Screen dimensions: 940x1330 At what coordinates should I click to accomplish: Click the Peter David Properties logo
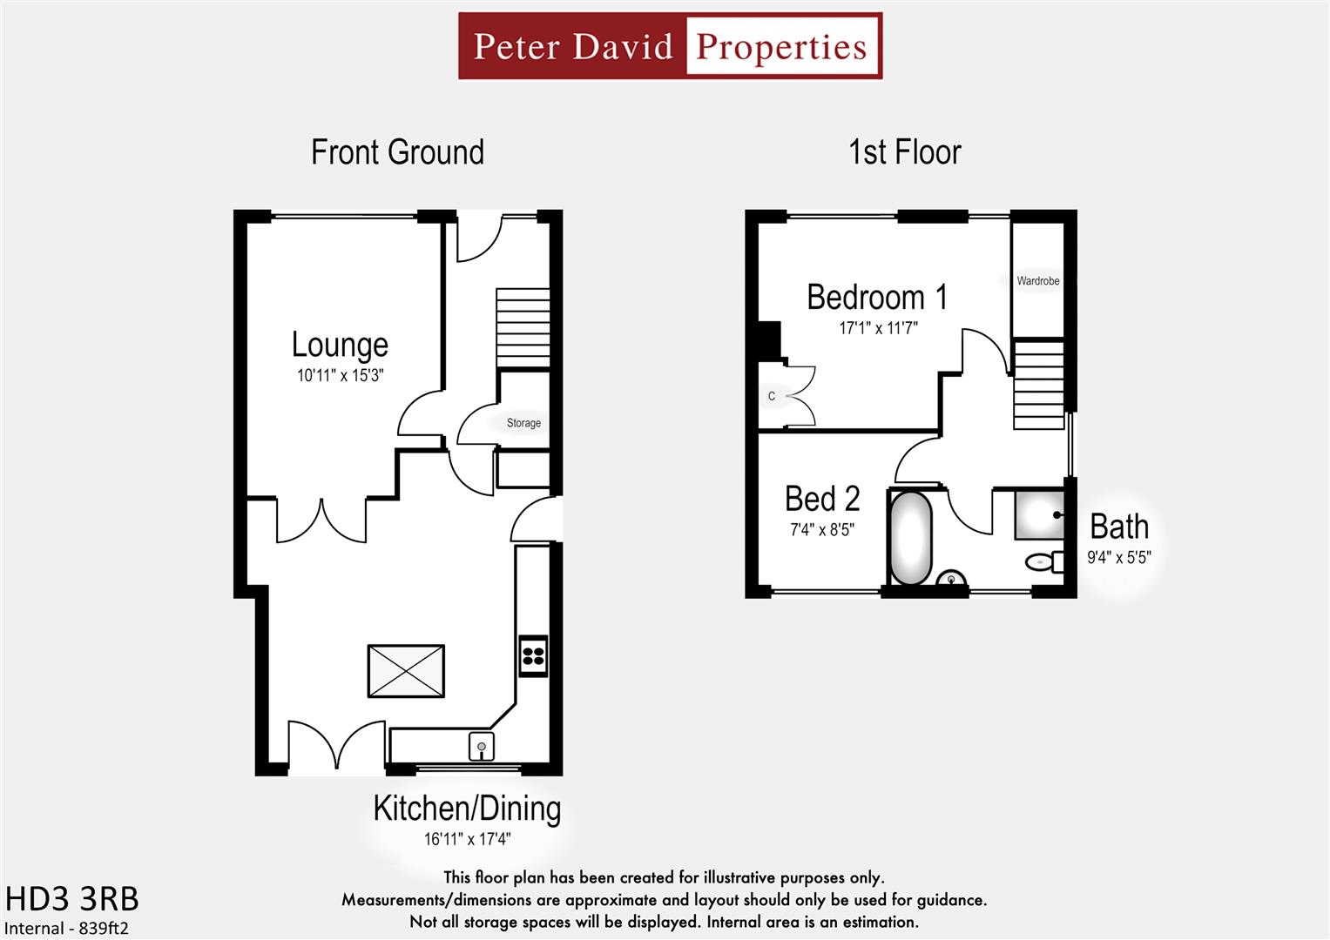670,46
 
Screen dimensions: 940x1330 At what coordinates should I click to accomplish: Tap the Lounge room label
340,345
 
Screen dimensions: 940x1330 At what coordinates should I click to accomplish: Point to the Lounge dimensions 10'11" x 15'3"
340,376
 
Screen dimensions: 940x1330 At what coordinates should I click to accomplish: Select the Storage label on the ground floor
523,423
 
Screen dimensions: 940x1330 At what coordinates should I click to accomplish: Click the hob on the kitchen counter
533,656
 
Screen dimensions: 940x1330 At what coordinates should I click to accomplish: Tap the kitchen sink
482,746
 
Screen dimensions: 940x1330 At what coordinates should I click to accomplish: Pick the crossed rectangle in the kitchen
406,671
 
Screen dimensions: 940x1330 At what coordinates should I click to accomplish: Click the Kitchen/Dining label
467,809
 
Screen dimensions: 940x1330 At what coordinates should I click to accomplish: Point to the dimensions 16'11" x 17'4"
467,840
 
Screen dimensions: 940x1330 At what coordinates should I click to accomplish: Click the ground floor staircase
523,328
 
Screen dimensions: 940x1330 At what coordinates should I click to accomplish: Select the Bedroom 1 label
877,298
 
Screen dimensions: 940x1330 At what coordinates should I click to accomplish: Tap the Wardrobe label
1038,281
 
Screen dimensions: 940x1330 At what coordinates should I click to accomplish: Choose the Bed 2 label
822,499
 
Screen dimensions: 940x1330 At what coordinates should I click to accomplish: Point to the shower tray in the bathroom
1040,514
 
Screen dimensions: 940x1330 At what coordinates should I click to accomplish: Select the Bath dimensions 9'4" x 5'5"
1119,558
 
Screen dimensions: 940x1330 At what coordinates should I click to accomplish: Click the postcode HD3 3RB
72,899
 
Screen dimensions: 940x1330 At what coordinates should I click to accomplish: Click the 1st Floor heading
905,152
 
